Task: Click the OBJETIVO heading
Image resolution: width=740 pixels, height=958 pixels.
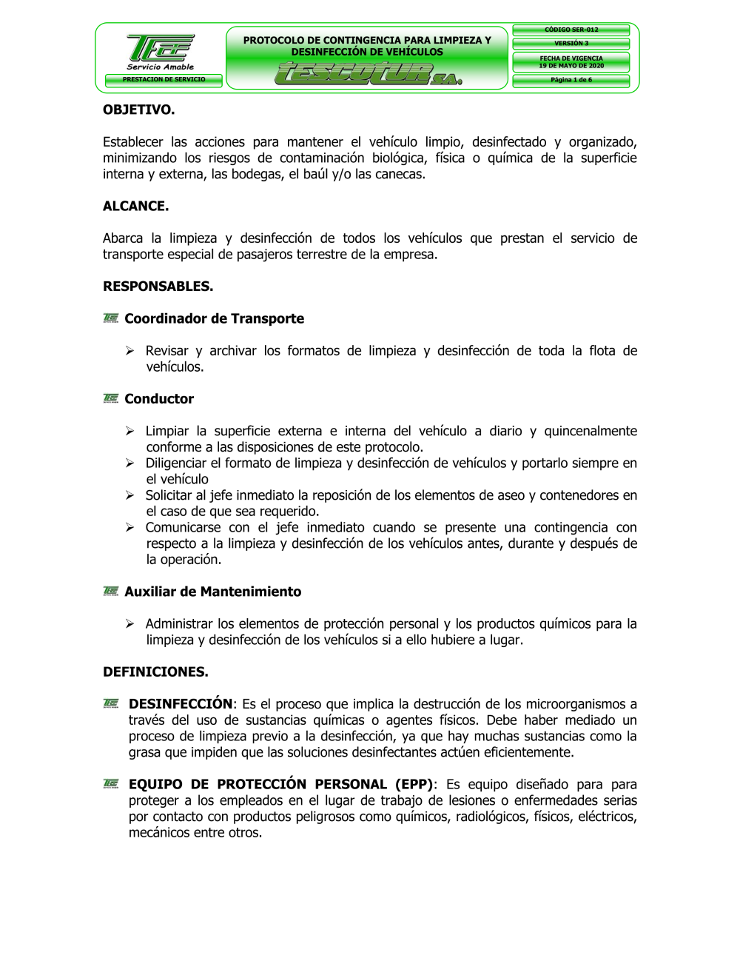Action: coord(138,110)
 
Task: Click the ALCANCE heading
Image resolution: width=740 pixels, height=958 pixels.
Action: coord(135,206)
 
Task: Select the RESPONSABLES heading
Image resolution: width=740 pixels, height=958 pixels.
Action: coord(158,286)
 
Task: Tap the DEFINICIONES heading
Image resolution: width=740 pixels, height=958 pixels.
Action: coord(155,671)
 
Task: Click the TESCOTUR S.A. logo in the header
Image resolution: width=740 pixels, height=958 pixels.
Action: coord(368,74)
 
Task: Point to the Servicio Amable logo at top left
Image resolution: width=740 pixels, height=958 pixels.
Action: coord(161,52)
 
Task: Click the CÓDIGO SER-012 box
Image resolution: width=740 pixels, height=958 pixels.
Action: coord(571,30)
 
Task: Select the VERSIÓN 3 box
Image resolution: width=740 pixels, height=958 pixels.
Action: coord(571,43)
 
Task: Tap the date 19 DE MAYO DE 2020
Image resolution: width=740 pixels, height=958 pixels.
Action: coord(571,66)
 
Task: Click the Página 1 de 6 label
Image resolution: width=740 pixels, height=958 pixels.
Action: coord(571,80)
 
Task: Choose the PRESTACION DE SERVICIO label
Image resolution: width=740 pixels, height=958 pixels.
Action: coord(164,79)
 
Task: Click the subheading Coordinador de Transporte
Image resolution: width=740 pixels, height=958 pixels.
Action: coord(214,318)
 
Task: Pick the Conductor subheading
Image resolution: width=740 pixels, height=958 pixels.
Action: coord(159,398)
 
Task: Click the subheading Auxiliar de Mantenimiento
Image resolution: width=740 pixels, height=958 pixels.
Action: coord(212,592)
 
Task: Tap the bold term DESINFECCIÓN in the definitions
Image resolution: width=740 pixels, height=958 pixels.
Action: coord(181,703)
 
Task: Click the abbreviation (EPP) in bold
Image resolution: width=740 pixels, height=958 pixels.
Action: coord(415,784)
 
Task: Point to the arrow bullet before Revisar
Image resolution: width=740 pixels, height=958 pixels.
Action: coord(129,351)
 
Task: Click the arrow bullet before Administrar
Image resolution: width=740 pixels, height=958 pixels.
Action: coord(129,624)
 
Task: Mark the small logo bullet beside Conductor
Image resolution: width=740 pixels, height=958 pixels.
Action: coord(111,398)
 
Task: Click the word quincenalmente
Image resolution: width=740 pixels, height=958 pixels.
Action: coord(591,431)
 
